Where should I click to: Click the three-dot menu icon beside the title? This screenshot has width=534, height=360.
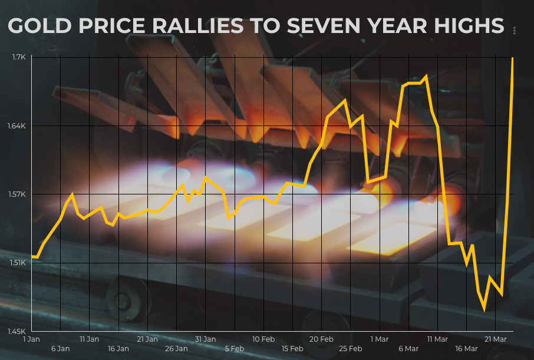(x=515, y=31)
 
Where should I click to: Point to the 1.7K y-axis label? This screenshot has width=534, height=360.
(x=18, y=57)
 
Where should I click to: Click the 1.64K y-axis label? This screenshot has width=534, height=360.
(x=17, y=126)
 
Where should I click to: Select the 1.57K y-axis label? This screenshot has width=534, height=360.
(x=17, y=194)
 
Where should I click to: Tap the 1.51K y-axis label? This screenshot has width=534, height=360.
(x=17, y=263)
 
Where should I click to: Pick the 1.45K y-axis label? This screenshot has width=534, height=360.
(x=17, y=331)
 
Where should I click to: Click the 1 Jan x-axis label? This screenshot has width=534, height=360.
(x=31, y=339)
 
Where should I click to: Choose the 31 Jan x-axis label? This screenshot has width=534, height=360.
(x=205, y=339)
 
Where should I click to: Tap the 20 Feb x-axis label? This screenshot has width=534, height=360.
(x=321, y=339)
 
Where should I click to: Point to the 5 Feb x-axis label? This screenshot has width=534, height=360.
(x=234, y=349)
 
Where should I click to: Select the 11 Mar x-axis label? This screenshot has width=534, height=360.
(x=437, y=339)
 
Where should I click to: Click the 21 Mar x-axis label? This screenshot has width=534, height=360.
(x=495, y=339)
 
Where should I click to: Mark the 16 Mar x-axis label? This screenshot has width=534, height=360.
(x=466, y=349)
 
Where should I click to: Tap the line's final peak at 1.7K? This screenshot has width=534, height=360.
(x=513, y=58)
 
